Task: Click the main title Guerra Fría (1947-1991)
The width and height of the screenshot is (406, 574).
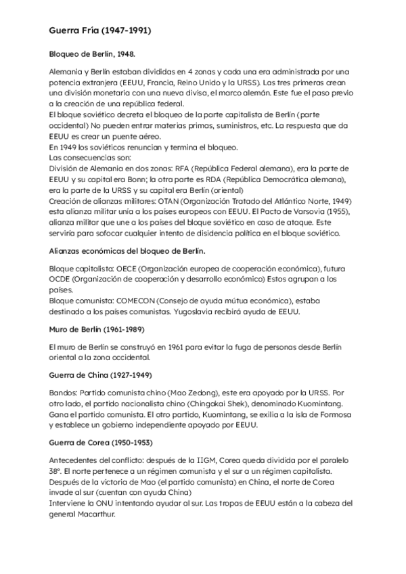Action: pos(100,30)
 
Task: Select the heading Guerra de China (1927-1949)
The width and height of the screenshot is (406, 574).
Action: pos(99,374)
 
